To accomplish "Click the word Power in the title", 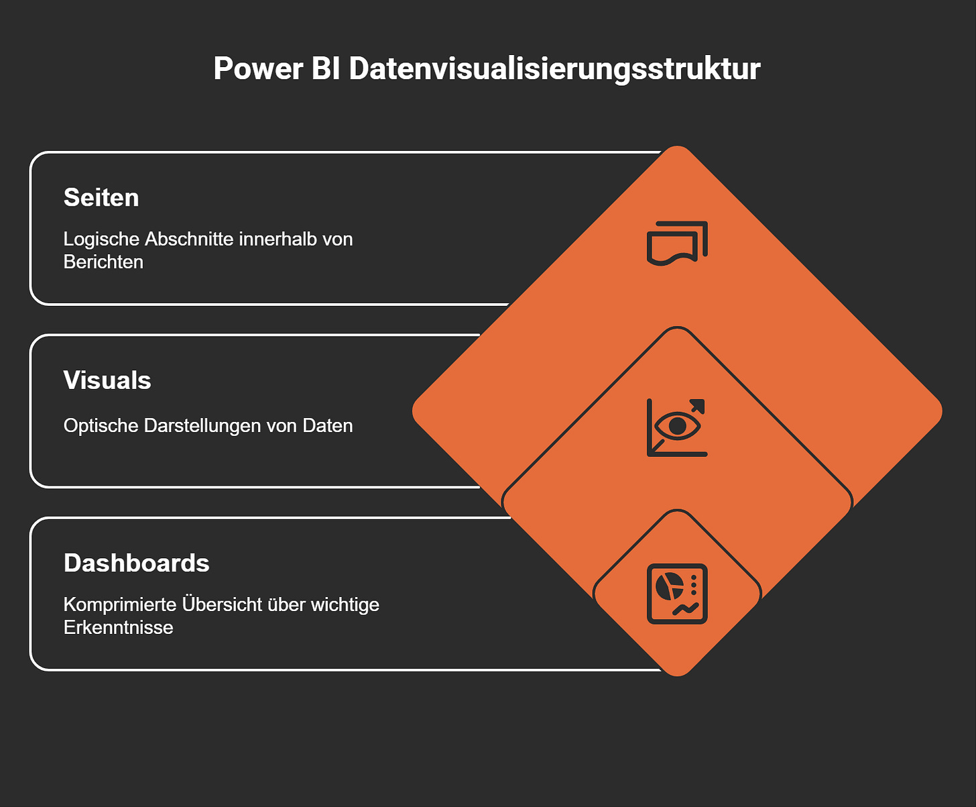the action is (x=258, y=69).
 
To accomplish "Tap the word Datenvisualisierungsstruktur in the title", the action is (x=554, y=69).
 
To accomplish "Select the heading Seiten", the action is (x=101, y=198).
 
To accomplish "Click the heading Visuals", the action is (x=107, y=380).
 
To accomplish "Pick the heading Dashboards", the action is (x=136, y=563).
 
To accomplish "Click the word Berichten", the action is (x=103, y=262).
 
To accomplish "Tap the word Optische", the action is (x=101, y=426).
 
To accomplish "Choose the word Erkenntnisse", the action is (x=118, y=628).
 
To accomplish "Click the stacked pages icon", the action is (x=677, y=243).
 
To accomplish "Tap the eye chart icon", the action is (x=677, y=427).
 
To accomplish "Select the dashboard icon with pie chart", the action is (x=677, y=594).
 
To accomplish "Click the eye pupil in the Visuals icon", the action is (x=678, y=426).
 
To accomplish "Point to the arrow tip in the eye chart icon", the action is (x=699, y=405).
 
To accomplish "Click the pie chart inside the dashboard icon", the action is (x=668, y=586).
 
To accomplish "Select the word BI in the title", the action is (x=326, y=69).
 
